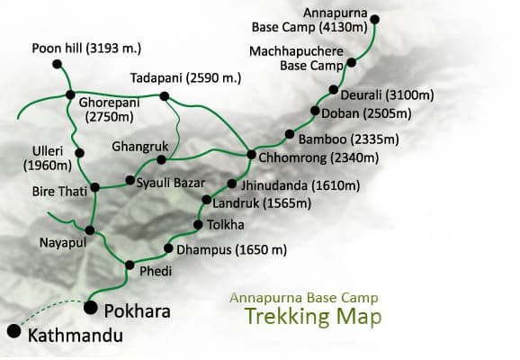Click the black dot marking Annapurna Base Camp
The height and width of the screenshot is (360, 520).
tap(374, 19)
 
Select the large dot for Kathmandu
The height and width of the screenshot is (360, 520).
tap(13, 330)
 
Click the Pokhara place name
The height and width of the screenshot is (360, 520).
tap(137, 310)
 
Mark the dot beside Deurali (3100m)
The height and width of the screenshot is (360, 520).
tap(333, 90)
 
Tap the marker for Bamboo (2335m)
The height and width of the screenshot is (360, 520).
tap(290, 135)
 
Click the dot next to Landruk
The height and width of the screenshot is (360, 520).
tap(206, 200)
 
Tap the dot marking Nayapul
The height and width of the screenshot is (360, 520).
tap(90, 229)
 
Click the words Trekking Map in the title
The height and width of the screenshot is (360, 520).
tap(312, 317)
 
